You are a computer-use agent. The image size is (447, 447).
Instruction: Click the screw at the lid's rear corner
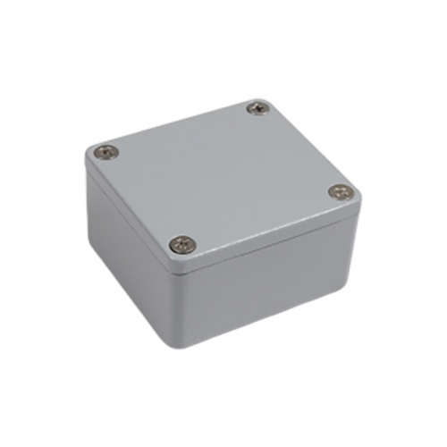point(258,108)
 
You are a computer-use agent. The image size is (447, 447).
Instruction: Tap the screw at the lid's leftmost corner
point(106,153)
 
